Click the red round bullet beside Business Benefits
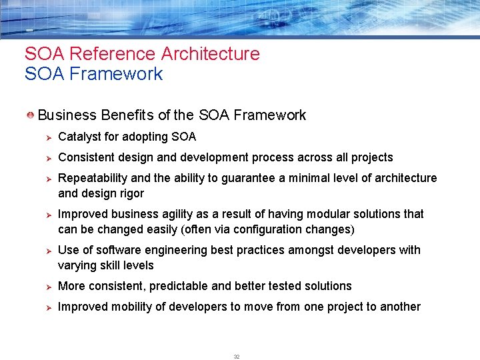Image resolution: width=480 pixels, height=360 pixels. click(x=31, y=115)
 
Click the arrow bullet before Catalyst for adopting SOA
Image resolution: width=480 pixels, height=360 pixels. click(x=47, y=137)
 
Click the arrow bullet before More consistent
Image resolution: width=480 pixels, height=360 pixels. click(x=47, y=287)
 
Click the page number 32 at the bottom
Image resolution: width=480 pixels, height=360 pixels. click(x=237, y=357)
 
